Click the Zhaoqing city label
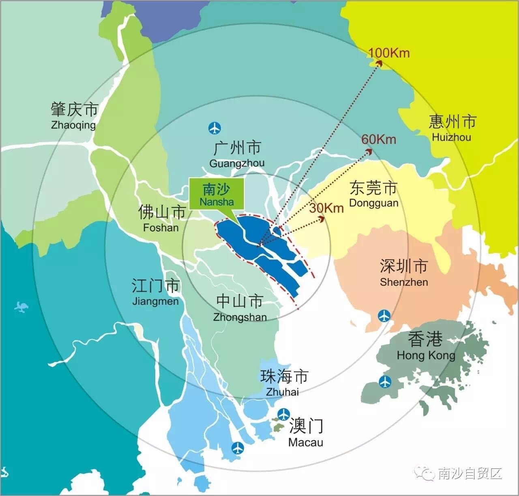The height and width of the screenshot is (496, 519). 74,115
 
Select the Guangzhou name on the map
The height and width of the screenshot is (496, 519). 237,154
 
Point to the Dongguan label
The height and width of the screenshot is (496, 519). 373,195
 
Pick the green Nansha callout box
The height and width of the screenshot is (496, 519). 217,195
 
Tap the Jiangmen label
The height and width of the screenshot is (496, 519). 155,292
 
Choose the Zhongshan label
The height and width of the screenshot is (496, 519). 240,308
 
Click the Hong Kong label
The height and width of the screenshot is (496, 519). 425,346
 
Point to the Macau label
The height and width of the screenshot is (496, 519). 306,432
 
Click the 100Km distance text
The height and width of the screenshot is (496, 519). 389,53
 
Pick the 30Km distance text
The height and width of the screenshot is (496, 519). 326,208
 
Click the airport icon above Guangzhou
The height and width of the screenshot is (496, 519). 214,128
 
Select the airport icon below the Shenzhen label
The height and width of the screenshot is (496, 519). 384,315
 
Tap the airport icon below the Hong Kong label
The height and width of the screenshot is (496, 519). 385,381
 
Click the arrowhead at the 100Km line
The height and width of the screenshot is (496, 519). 379,62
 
